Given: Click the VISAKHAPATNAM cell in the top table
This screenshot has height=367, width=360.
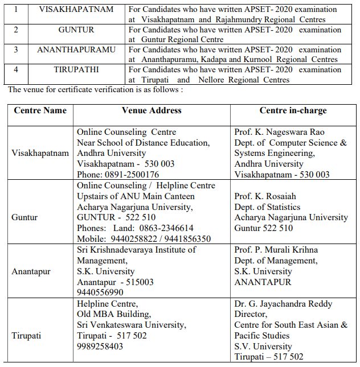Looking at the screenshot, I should (76, 10).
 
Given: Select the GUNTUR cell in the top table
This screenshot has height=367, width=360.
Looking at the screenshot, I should (76, 30).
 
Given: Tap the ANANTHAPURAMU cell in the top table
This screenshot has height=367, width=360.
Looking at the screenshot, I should (76, 50).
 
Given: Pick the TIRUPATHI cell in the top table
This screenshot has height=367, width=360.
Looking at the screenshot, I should (76, 69).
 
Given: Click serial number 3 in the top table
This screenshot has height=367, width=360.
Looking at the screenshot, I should (16, 50).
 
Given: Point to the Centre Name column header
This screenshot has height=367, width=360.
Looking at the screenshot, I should (40, 110).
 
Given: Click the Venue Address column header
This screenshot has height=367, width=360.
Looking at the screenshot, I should (152, 110).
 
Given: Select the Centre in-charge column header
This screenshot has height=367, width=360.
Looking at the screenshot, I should (293, 110).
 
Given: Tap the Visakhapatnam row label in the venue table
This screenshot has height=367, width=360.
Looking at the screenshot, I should (40, 154).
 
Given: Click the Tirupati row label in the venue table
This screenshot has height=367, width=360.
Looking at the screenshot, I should (27, 335).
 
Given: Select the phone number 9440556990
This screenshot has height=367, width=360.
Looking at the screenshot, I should (100, 292).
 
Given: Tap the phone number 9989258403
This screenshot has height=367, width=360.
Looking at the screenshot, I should (100, 346).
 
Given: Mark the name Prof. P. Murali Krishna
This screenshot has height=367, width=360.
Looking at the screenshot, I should (276, 250).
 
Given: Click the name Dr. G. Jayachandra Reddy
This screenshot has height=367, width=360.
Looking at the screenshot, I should (283, 304).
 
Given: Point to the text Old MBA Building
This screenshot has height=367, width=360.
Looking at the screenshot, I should (114, 314).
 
